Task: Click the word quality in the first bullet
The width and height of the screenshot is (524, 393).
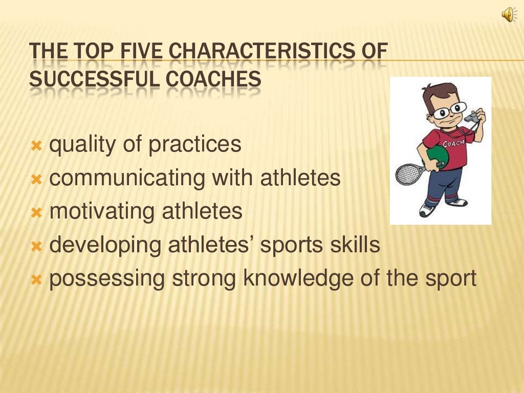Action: [x=82, y=145]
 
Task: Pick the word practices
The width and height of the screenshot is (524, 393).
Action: [x=195, y=145]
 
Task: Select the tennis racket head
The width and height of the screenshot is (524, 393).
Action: [x=408, y=174]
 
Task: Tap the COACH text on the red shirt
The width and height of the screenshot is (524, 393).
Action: [x=453, y=143]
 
